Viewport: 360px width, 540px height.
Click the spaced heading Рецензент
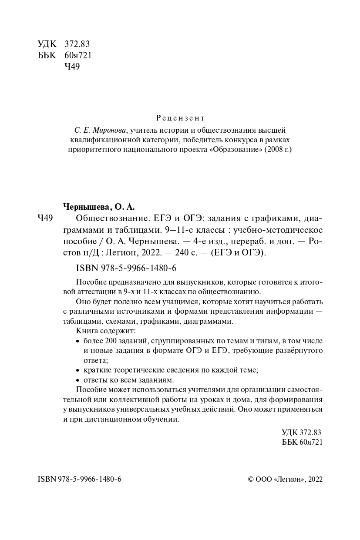(180, 118)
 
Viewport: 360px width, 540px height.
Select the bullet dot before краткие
(78, 370)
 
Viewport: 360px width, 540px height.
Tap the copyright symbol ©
(250, 479)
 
